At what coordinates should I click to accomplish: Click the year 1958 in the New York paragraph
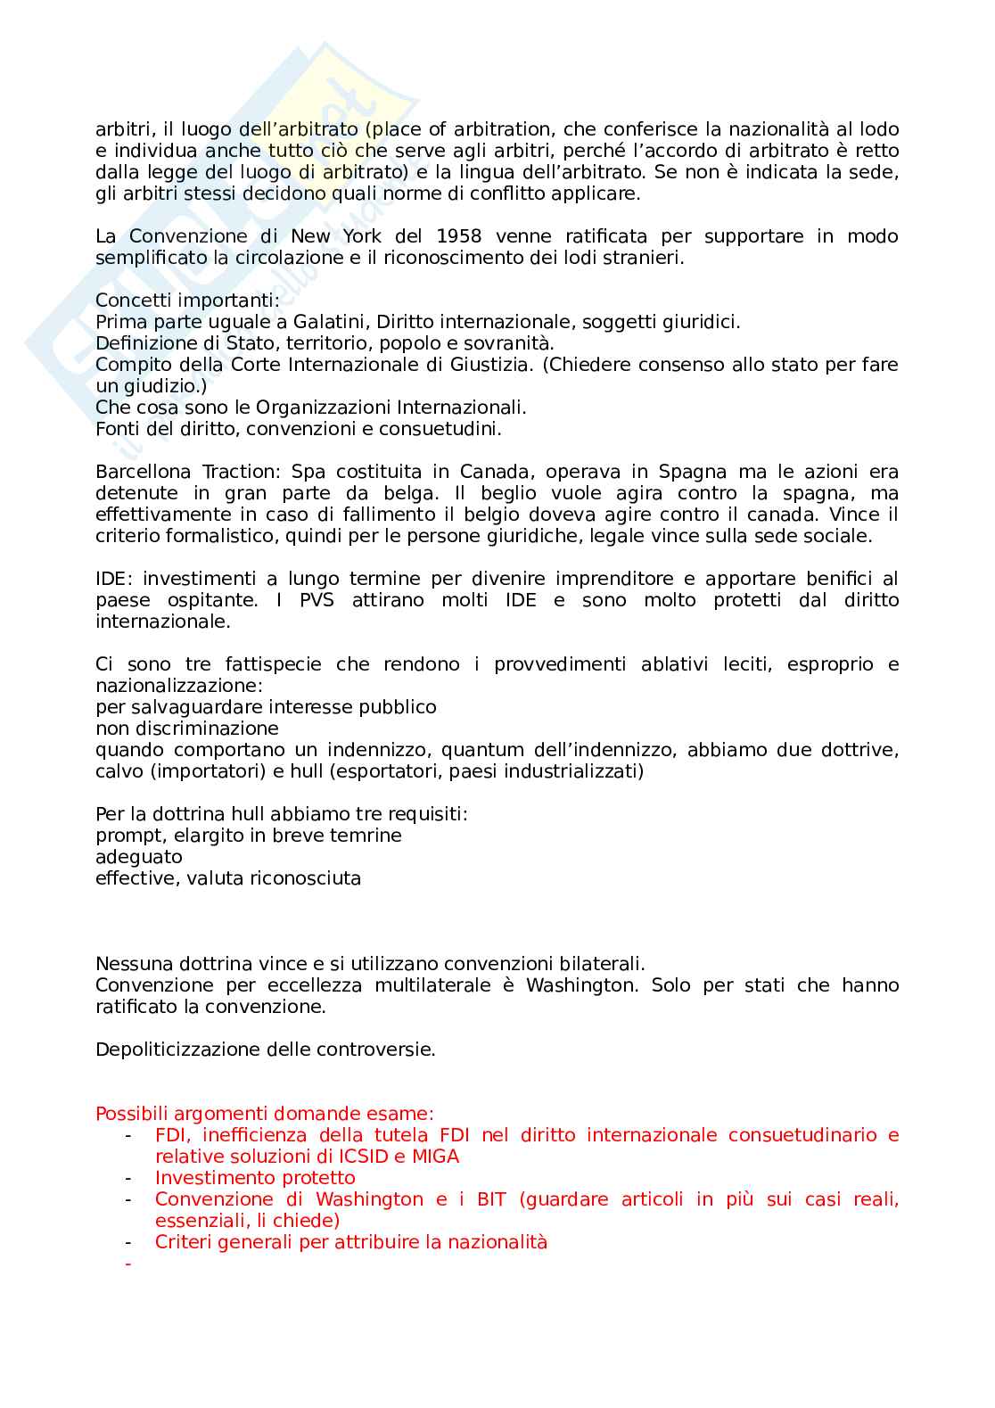[x=459, y=236]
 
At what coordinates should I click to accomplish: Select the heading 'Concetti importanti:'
[x=187, y=301]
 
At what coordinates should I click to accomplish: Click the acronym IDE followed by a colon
[x=114, y=579]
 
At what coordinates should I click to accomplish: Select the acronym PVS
[x=317, y=600]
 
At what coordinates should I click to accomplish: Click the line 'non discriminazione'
[x=187, y=729]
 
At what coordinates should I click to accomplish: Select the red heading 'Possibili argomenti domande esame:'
[x=265, y=1114]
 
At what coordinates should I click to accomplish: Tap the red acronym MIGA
[x=435, y=1157]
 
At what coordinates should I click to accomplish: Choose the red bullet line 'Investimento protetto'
[x=255, y=1178]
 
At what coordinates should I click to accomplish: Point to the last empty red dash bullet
[x=129, y=1264]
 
